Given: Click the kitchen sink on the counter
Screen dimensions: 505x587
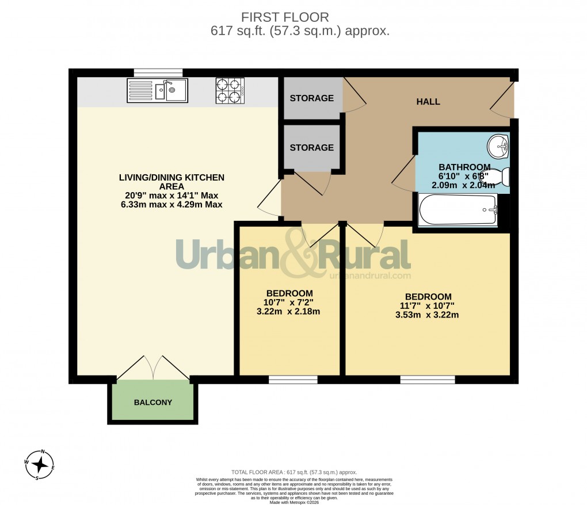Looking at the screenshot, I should [158, 90].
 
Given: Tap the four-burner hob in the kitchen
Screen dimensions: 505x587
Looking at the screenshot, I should [230, 90].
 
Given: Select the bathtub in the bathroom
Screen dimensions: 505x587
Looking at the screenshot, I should [458, 210].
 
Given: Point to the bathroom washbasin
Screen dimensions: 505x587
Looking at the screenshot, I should [497, 147].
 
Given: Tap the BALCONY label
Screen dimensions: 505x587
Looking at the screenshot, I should [153, 403].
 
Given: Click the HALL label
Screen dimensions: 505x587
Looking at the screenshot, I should [428, 102].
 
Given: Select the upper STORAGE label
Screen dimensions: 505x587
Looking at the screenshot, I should [311, 98].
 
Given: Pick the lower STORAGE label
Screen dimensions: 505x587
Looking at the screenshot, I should [311, 148].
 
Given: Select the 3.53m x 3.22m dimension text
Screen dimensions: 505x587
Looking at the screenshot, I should [427, 315].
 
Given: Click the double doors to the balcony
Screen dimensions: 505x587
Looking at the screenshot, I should [153, 369].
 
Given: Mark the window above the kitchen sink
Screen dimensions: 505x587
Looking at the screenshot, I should [158, 72].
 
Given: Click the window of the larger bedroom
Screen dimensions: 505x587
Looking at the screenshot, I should [428, 380].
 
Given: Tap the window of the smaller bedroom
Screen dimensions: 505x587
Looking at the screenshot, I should [293, 380].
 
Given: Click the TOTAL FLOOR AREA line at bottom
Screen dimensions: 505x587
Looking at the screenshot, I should [294, 471].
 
